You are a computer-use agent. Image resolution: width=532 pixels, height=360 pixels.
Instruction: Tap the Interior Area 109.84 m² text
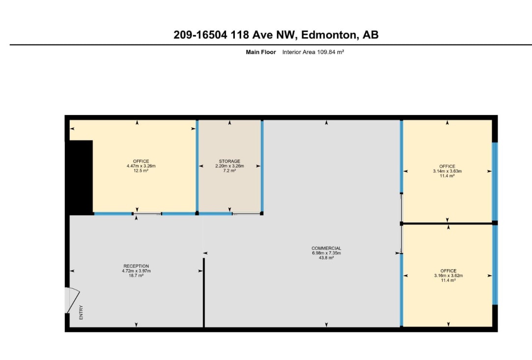coord(313,52)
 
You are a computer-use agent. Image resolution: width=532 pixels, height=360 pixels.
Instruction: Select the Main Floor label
coord(261,52)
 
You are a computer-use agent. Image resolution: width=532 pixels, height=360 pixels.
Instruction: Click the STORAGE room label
coord(229,161)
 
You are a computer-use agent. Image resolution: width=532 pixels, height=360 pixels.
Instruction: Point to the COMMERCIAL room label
coord(326,248)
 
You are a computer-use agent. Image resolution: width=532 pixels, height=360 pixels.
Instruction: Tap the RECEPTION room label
coord(136,266)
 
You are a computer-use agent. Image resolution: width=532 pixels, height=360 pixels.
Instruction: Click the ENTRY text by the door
coord(81,313)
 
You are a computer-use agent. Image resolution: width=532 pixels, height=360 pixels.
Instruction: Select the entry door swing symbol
coord(72,300)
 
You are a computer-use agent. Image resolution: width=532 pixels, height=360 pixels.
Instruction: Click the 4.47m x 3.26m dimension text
coord(141,166)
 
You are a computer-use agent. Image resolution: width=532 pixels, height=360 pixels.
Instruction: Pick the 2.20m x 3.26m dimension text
coord(229,166)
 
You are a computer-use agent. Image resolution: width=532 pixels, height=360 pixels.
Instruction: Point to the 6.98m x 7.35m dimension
coord(326,253)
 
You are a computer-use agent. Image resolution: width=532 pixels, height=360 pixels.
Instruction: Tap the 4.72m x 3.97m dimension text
coord(136,271)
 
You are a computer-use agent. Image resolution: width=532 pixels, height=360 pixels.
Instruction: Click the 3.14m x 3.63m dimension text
coord(448,171)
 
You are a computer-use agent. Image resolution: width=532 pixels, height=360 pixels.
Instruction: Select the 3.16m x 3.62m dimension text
coord(448,276)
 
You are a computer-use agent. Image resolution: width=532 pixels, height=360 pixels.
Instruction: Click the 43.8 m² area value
coord(326,258)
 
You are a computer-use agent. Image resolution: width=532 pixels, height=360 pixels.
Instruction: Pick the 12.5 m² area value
coord(141,171)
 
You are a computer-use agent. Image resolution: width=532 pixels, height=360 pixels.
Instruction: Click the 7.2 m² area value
coord(229,171)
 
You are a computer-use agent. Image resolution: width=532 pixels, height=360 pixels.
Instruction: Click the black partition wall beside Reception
coord(203,293)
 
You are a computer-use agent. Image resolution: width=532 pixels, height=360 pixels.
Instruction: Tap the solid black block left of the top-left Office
coord(79,177)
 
